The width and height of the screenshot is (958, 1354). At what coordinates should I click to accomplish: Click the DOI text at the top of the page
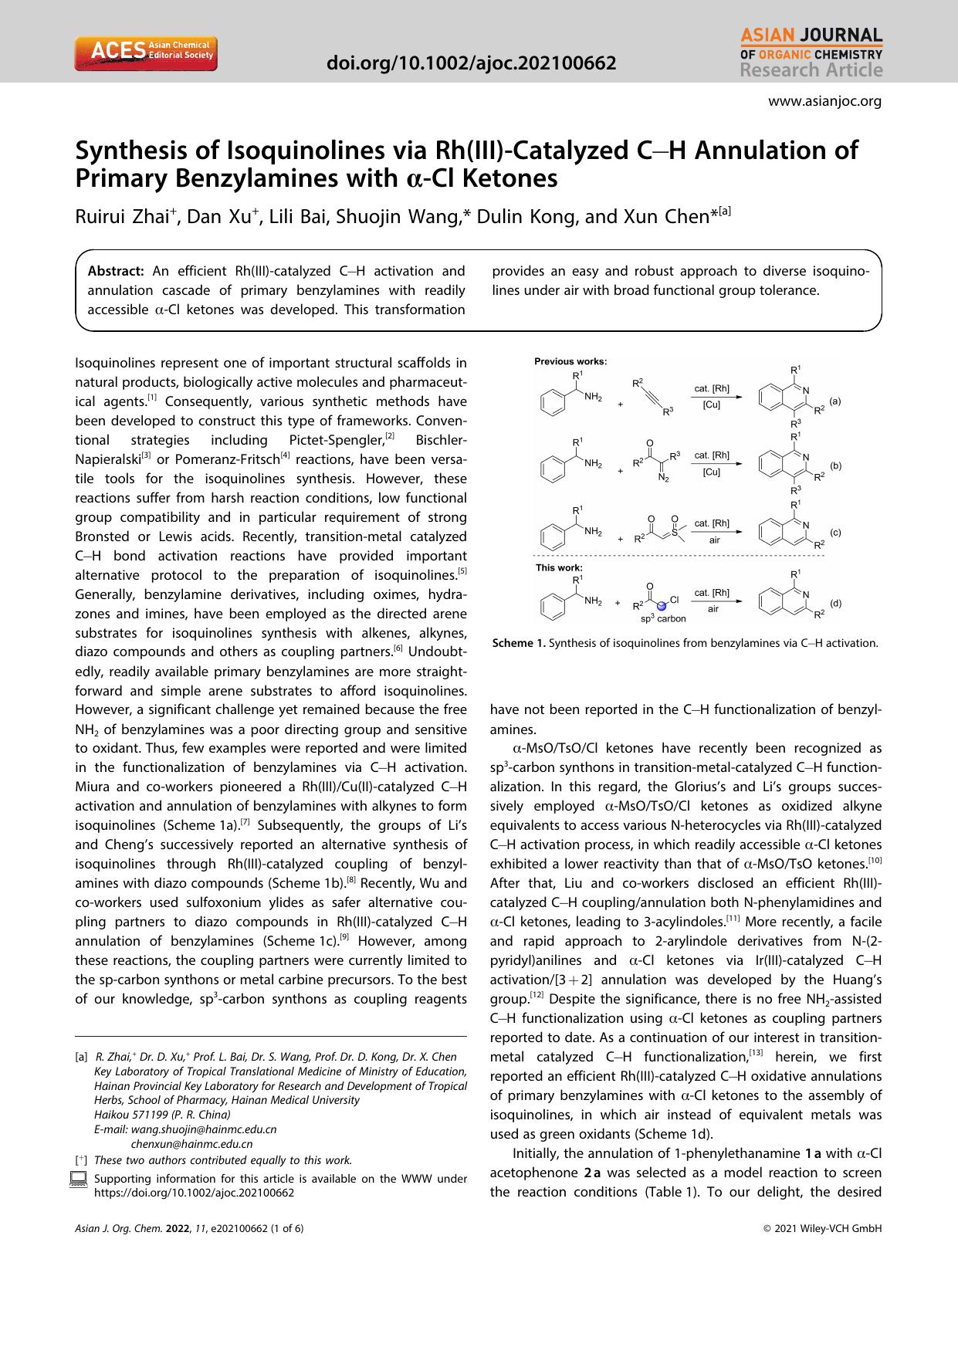pyautogui.click(x=472, y=63)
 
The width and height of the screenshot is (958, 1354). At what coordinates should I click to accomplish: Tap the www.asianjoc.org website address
pyautogui.click(x=824, y=101)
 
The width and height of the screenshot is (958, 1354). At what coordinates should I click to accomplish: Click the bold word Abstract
pyautogui.click(x=116, y=271)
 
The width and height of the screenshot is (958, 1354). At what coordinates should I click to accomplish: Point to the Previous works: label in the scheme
pyautogui.click(x=570, y=361)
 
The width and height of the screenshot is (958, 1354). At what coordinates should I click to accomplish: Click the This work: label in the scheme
pyautogui.click(x=559, y=567)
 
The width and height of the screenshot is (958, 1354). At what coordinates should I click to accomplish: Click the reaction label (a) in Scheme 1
pyautogui.click(x=835, y=401)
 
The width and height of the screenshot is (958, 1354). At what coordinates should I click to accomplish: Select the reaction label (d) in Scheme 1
pyautogui.click(x=835, y=603)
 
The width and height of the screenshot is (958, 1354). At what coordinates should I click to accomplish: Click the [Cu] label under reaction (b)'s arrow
pyautogui.click(x=712, y=472)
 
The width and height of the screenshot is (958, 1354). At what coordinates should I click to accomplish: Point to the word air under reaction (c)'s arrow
pyautogui.click(x=714, y=540)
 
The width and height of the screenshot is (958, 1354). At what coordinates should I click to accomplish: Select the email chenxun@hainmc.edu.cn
pyautogui.click(x=192, y=1144)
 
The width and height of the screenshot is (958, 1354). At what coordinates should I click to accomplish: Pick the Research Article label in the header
pyautogui.click(x=811, y=70)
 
